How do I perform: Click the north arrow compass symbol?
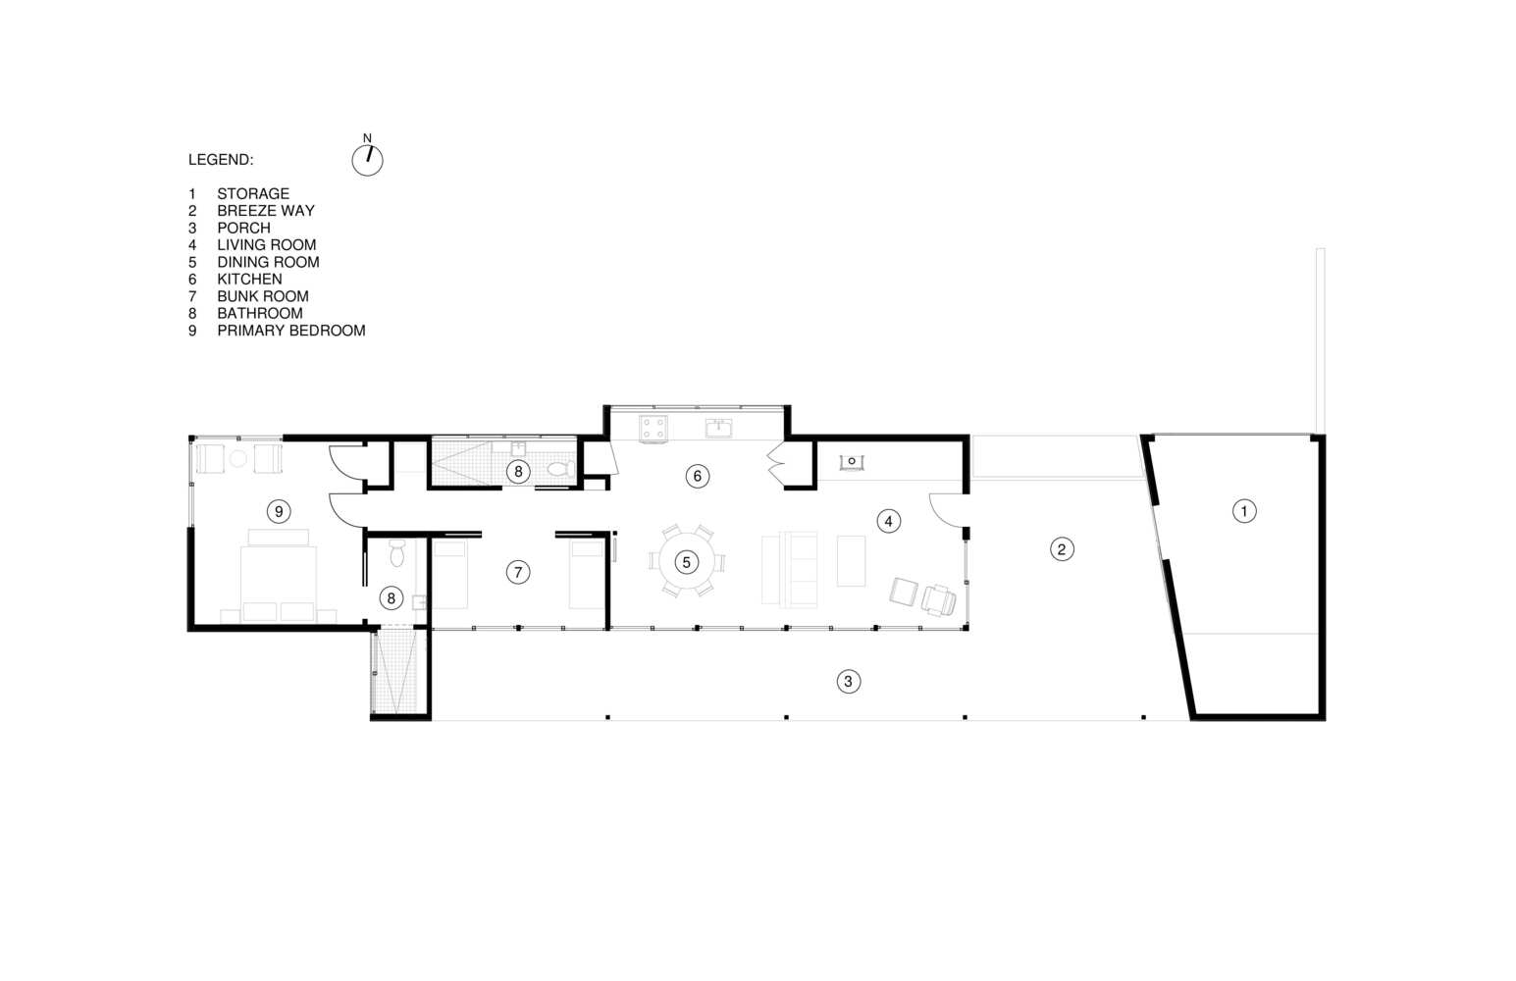[x=368, y=161]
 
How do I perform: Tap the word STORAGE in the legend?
[x=253, y=193]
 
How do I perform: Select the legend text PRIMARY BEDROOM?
[x=291, y=331]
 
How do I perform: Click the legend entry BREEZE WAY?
[x=266, y=210]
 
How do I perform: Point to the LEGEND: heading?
[x=221, y=160]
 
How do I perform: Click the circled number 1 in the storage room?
[x=1244, y=511]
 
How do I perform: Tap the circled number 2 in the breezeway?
[x=1062, y=549]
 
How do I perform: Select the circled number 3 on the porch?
[x=849, y=681]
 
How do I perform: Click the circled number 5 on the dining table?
[x=686, y=561]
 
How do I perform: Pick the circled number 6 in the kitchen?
[x=697, y=477]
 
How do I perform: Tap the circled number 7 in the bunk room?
[x=518, y=572]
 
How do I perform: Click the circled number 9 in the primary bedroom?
[x=279, y=511]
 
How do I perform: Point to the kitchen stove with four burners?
[x=653, y=429]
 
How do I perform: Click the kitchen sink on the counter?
[x=718, y=429]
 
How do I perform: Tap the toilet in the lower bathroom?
[x=397, y=554]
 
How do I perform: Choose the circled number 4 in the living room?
[x=889, y=521]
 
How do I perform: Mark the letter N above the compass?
[x=368, y=138]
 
